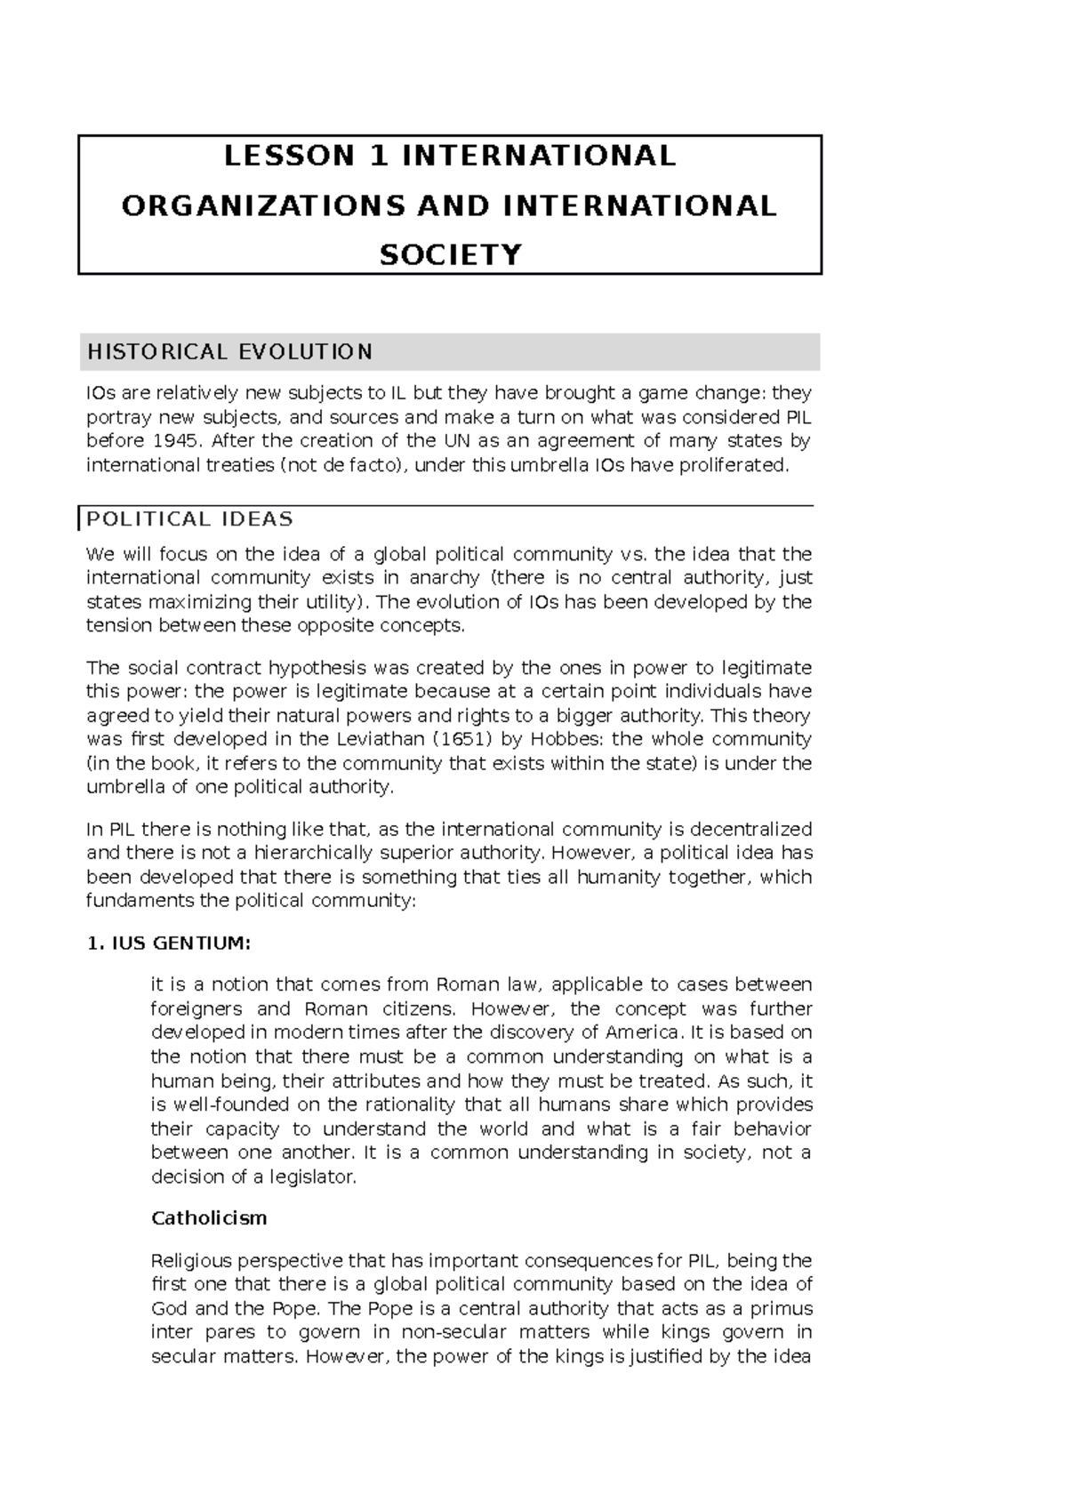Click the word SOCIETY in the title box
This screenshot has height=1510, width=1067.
coord(450,255)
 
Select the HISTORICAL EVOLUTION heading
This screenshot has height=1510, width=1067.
coord(229,352)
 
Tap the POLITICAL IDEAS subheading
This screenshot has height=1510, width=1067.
coord(189,519)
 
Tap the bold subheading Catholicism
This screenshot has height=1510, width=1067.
coord(209,1218)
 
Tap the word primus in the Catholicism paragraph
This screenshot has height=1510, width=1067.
coord(782,1309)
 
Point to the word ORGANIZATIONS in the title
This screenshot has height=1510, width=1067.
coord(262,205)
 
